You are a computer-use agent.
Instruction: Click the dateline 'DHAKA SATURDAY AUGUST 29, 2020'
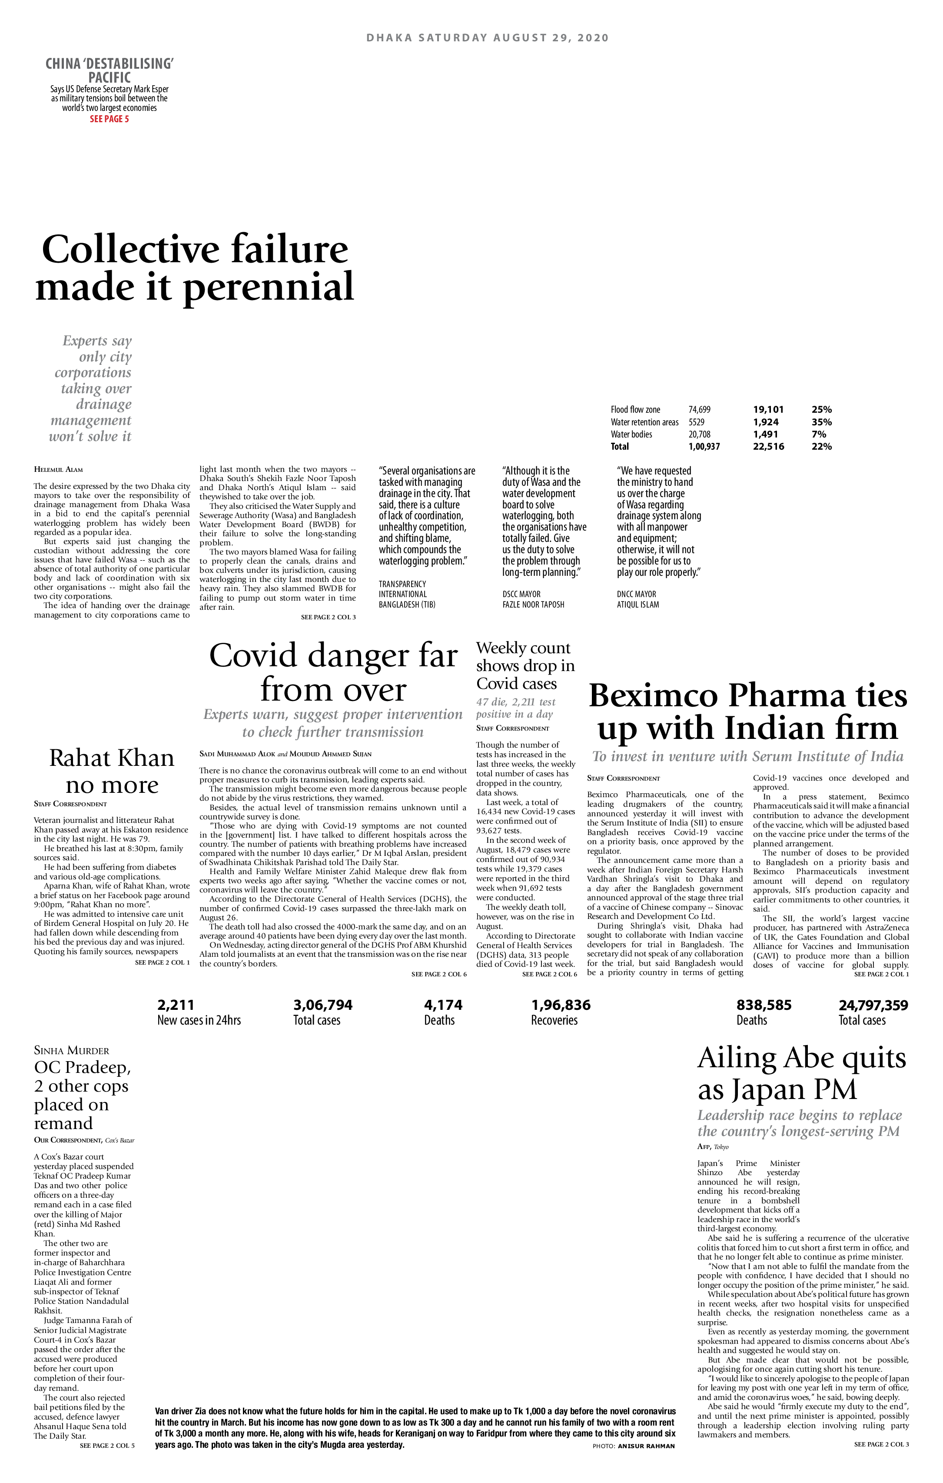[487, 37]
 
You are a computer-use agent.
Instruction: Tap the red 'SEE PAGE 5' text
[109, 119]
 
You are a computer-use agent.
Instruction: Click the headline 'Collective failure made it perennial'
[195, 268]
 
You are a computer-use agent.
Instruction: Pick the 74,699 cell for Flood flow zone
[699, 410]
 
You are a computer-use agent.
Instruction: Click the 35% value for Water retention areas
[821, 422]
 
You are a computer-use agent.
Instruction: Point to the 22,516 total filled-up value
[768, 447]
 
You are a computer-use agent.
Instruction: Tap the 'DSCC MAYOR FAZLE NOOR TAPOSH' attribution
[533, 599]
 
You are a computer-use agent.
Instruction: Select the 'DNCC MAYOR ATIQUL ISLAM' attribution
[638, 599]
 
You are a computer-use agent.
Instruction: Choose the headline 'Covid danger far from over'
[333, 672]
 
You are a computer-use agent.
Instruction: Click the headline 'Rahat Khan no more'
[111, 771]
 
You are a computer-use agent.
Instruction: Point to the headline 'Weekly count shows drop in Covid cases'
[525, 666]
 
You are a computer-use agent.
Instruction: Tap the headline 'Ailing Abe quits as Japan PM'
[801, 1073]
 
